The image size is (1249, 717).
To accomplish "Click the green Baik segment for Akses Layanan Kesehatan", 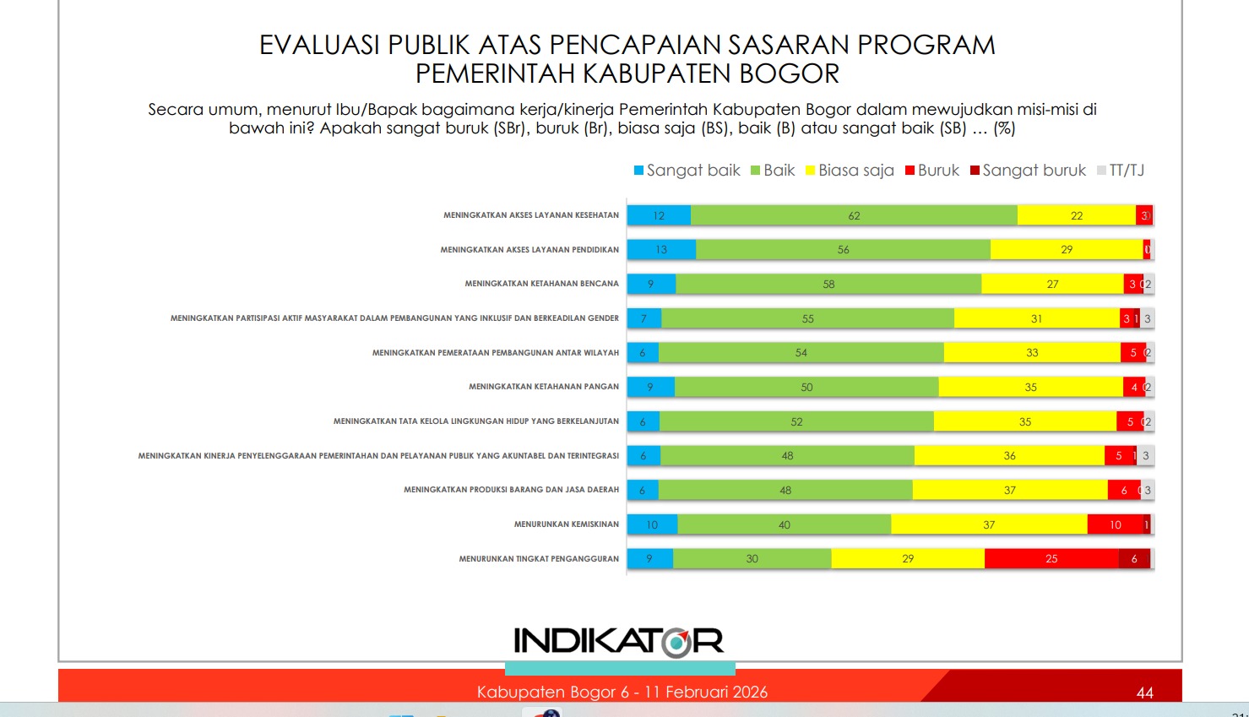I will coord(854,215).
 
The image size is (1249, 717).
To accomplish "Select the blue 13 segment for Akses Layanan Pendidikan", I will coord(661,250).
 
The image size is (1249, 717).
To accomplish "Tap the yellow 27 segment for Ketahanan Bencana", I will coord(1052,284).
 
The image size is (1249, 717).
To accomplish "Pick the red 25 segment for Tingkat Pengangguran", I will coord(1051,558).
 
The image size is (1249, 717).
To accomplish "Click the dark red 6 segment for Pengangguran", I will coord(1134,558).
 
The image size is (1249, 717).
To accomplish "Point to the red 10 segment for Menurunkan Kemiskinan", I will coord(1115,524).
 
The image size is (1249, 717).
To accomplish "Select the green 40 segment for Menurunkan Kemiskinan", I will coord(784,524).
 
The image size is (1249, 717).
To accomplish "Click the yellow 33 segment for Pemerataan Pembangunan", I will coord(1032,352).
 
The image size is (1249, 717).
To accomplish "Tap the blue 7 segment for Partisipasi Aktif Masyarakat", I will coord(644,318).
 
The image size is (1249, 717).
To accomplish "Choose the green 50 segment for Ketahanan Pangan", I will coord(806,387).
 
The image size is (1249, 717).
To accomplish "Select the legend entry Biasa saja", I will coord(850,171).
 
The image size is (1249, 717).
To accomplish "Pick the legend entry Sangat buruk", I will coord(1028,171).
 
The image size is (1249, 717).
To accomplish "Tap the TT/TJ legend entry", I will coord(1121,171).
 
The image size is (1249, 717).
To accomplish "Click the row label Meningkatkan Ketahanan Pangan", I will coord(544,387).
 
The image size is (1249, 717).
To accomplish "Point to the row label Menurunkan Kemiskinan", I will coord(566,524).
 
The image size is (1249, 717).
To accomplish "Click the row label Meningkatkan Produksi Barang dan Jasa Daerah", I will coord(511,490).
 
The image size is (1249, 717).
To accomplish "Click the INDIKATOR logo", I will coord(619,642).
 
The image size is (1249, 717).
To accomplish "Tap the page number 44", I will coord(1144,693).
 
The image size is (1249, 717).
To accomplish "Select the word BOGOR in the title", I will coord(789,74).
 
